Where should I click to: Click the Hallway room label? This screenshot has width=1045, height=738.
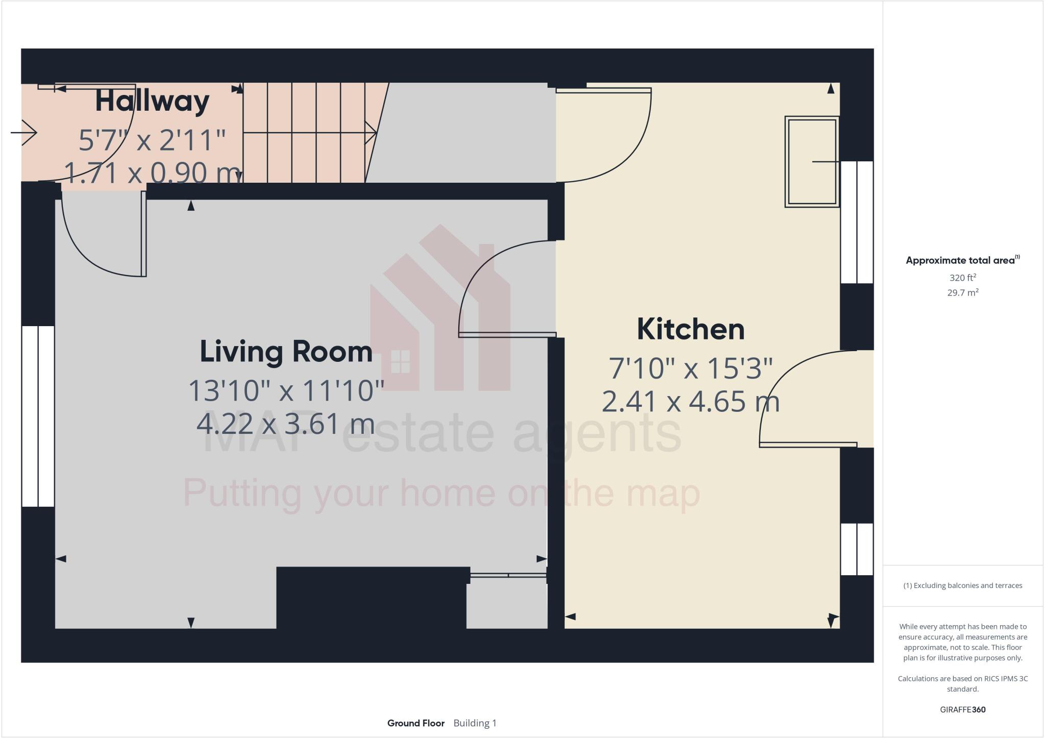(x=152, y=102)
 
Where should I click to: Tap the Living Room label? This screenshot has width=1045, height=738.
(x=286, y=352)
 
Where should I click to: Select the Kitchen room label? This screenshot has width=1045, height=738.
(x=690, y=330)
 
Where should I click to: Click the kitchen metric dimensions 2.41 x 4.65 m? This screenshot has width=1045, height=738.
(x=690, y=402)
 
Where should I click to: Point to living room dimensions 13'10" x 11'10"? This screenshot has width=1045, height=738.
(x=286, y=391)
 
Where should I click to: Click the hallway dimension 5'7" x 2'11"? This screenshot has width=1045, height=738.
(x=152, y=140)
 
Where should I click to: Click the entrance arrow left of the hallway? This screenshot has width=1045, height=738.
(x=24, y=133)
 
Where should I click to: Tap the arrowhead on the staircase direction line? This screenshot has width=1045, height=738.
(x=371, y=133)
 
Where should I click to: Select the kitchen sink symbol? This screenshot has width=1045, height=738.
(x=812, y=162)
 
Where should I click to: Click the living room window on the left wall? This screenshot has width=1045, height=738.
(x=38, y=416)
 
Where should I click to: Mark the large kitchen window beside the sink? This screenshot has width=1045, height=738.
(x=857, y=222)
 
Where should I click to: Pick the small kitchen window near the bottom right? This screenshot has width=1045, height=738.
(x=857, y=549)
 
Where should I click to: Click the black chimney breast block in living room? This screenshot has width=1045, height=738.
(x=371, y=597)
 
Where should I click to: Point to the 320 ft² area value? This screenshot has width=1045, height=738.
(x=962, y=278)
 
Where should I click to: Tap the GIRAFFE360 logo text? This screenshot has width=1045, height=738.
(x=962, y=709)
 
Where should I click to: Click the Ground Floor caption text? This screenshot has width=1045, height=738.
(x=416, y=723)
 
